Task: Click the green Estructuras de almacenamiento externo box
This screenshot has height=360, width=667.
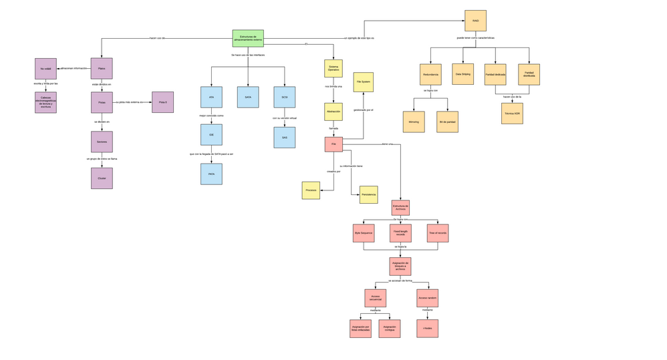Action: pyautogui.click(x=248, y=38)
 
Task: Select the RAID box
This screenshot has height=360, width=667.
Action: pyautogui.click(x=475, y=21)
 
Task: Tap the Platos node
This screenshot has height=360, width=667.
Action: pyautogui.click(x=102, y=68)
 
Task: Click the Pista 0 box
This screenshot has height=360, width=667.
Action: pyautogui.click(x=162, y=102)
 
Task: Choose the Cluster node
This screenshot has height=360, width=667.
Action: pyautogui.click(x=102, y=178)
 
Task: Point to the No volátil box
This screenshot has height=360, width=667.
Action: pyautogui.click(x=45, y=68)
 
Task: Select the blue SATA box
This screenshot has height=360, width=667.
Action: pyautogui.click(x=248, y=98)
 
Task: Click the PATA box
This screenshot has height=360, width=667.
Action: pyautogui.click(x=211, y=174)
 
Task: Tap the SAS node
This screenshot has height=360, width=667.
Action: pyautogui.click(x=284, y=137)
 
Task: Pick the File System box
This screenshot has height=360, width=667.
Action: pyautogui.click(x=364, y=82)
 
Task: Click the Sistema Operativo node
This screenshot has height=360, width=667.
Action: pyautogui.click(x=333, y=69)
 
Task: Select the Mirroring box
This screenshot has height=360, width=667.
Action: pyautogui.click(x=414, y=122)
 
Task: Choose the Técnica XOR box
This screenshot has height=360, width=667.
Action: pyautogui.click(x=512, y=114)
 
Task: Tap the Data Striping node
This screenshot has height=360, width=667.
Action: pyautogui.click(x=463, y=74)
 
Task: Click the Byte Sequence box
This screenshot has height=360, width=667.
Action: pyautogui.click(x=364, y=232)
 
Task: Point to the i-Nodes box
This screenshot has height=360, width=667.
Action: pyautogui.click(x=428, y=328)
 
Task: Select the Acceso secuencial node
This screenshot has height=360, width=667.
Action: pyautogui.click(x=376, y=298)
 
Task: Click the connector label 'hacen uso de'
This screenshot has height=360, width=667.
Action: pyautogui.click(x=158, y=38)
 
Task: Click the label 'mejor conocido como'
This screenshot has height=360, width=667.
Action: pyautogui.click(x=211, y=116)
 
